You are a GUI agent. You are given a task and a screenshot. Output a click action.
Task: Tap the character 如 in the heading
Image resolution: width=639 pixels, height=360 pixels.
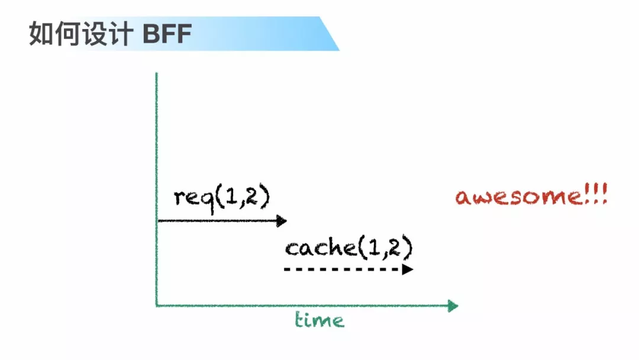(42, 34)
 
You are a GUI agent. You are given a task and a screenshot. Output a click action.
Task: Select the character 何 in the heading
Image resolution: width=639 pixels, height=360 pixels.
(67, 34)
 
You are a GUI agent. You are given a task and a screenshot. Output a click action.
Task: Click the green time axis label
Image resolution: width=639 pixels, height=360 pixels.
(319, 321)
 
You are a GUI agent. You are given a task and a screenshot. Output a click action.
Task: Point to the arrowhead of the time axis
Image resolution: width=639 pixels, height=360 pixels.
(453, 306)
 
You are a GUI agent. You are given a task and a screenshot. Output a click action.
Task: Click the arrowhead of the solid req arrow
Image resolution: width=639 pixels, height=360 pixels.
(282, 221)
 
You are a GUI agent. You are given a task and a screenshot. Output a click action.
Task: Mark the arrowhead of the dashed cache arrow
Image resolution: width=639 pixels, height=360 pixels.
(408, 269)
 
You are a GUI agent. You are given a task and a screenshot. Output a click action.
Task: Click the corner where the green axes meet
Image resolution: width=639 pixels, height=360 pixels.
(157, 306)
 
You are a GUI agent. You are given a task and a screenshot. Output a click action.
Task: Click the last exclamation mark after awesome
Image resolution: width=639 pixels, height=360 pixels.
(603, 195)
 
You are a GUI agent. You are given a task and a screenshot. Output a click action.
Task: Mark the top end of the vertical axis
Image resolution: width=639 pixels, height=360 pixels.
(156, 74)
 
